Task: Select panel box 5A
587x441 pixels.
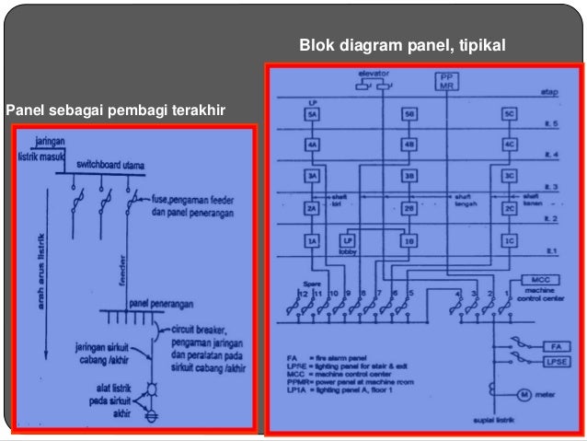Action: tap(313, 114)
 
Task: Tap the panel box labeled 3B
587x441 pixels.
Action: tap(410, 175)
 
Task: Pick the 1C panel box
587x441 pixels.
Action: tap(508, 240)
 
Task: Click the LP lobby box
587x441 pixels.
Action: tap(349, 241)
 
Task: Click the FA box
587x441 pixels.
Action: tap(555, 346)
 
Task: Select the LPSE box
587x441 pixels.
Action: tap(554, 363)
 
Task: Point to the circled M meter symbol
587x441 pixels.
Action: tap(522, 395)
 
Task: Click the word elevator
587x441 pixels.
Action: tap(374, 71)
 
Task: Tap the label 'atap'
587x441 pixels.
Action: tap(551, 93)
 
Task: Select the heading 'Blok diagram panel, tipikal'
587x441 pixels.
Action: tap(402, 44)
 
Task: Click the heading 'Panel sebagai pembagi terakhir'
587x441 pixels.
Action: tap(115, 111)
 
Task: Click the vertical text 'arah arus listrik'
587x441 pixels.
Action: tap(40, 275)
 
